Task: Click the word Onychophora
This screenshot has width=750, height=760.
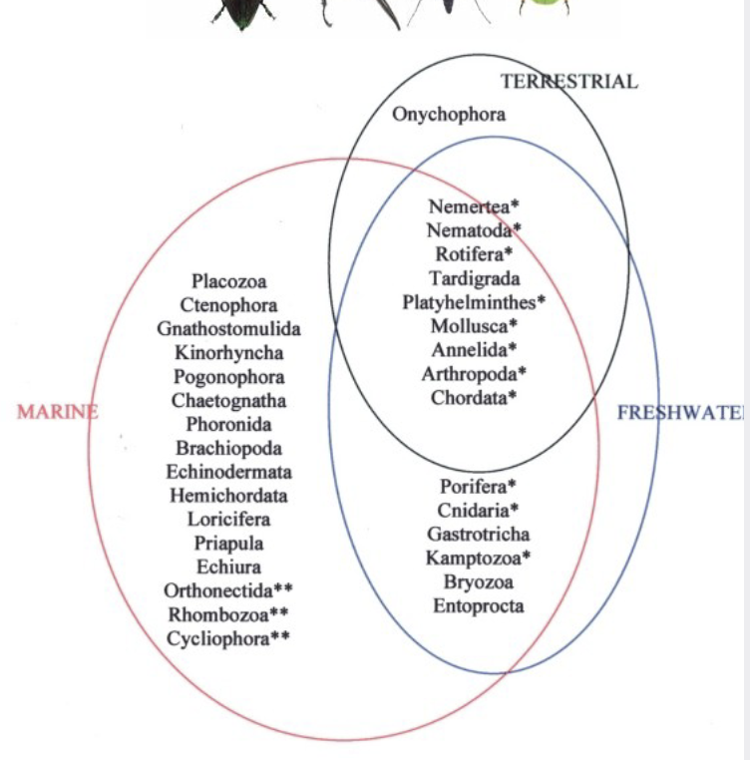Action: [x=448, y=114]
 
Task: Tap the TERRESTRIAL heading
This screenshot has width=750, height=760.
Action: [x=567, y=82]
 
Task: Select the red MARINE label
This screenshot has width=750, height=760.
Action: [x=57, y=412]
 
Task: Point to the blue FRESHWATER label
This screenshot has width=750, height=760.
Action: [x=680, y=412]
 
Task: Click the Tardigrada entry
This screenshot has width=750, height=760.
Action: [x=475, y=277]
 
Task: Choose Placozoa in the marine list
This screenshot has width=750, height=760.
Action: [x=229, y=282]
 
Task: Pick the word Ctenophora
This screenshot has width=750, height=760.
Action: [x=228, y=305]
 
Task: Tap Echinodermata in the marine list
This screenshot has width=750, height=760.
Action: [x=228, y=472]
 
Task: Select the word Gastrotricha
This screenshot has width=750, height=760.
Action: [x=479, y=534]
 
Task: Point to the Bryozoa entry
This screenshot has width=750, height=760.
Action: [x=478, y=581]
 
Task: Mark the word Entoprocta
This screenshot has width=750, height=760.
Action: [x=478, y=605]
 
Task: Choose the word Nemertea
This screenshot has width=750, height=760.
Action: [x=469, y=206]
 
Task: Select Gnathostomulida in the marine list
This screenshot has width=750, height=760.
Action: [x=228, y=329]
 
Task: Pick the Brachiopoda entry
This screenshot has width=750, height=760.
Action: [x=228, y=448]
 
